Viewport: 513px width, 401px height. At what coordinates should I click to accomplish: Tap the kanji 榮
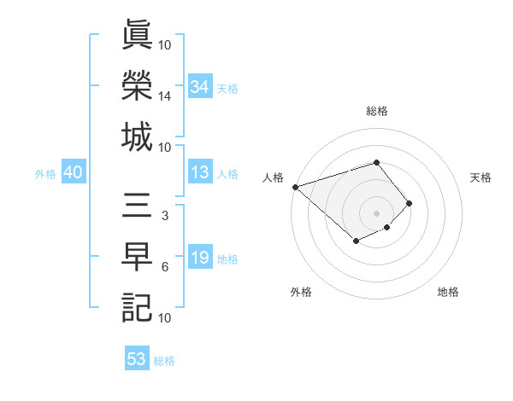click(137, 86)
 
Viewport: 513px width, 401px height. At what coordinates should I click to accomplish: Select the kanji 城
click(137, 137)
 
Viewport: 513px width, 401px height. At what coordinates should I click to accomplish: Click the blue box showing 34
click(200, 87)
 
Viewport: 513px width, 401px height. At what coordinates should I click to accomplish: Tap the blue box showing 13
click(200, 173)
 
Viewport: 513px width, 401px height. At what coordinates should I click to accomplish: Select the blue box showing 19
click(200, 259)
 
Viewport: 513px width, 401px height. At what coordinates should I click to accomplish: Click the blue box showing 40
click(73, 173)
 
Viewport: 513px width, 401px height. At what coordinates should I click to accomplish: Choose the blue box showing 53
click(137, 359)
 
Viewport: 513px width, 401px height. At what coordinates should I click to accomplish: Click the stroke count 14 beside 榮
click(165, 96)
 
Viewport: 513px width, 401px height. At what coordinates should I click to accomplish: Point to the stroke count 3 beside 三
click(165, 216)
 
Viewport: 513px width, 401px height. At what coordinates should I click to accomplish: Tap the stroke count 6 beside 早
click(165, 267)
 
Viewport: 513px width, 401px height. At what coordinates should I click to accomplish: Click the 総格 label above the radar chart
click(377, 111)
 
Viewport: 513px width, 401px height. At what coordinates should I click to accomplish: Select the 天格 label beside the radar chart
click(481, 177)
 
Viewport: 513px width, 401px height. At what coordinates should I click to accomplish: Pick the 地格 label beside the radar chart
click(448, 292)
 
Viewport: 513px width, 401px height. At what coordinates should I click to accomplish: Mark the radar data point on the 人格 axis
click(295, 187)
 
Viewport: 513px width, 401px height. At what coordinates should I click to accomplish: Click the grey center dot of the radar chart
click(377, 212)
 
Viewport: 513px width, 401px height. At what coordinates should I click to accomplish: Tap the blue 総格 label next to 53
click(164, 361)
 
